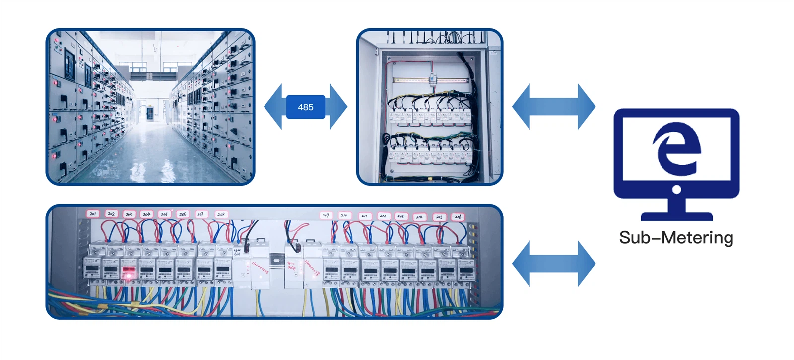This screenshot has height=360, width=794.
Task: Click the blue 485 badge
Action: click(x=305, y=107)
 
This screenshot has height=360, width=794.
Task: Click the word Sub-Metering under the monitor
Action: click(x=676, y=238)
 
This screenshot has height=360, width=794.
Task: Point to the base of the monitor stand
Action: click(x=676, y=216)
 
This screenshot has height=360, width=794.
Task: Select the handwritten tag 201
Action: click(x=93, y=214)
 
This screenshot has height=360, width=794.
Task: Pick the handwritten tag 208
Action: click(x=221, y=214)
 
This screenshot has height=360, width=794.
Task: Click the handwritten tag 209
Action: click(x=326, y=215)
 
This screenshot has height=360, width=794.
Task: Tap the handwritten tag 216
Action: click(x=458, y=216)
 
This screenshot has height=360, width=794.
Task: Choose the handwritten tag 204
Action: click(x=146, y=214)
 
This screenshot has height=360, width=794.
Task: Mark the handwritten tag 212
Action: click(x=383, y=216)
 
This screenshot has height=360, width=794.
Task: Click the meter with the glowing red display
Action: click(x=129, y=272)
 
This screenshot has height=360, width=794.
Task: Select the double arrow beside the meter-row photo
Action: click(x=553, y=264)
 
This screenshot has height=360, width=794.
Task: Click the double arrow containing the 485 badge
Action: click(x=278, y=107)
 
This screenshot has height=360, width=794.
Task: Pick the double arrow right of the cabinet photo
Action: click(x=553, y=107)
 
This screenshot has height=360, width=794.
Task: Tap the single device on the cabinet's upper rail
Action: click(x=432, y=79)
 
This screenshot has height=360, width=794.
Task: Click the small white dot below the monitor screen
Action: click(x=676, y=189)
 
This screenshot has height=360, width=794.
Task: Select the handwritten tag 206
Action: click(x=183, y=214)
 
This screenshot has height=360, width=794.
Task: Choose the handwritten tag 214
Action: click(x=419, y=216)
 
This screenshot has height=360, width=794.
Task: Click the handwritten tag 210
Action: click(x=343, y=215)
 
